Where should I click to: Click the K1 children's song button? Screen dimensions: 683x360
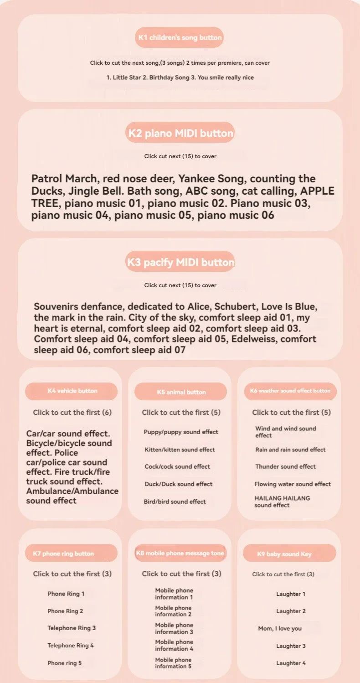[180, 37]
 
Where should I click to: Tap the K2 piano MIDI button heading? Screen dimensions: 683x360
[180, 133]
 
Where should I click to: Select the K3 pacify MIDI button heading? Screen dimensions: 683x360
[180, 262]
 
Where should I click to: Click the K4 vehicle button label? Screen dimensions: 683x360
[72, 391]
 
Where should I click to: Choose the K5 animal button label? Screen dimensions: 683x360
[181, 392]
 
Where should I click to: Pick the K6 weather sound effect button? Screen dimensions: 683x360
[290, 391]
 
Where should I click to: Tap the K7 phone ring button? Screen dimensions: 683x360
[63, 554]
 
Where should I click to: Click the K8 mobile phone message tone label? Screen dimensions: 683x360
[180, 553]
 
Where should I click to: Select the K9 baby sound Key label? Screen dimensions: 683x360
[284, 554]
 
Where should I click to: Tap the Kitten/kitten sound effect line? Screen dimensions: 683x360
[180, 450]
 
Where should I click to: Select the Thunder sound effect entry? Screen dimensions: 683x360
[285, 466]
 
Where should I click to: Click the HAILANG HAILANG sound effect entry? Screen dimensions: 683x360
[282, 502]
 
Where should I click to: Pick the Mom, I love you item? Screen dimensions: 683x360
[280, 628]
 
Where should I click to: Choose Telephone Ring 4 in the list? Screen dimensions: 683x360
[71, 645]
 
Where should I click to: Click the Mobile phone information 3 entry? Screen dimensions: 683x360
[174, 628]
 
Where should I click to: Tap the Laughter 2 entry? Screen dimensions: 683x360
[291, 611]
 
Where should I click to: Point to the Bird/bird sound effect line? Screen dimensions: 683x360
[175, 502]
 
